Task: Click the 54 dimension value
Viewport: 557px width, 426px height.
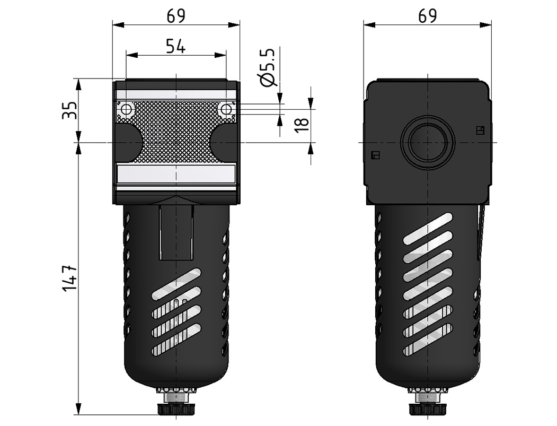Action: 176,46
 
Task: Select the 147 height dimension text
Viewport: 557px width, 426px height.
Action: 69,278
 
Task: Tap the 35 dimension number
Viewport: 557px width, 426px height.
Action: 69,110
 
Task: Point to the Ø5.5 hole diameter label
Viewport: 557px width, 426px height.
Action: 268,67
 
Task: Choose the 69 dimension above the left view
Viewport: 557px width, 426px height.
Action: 176,16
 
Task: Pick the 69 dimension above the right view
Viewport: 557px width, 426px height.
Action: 427,16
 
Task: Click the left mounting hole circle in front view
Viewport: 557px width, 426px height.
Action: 126,109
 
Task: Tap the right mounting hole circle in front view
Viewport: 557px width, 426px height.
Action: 226,109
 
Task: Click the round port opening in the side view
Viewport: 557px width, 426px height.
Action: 428,142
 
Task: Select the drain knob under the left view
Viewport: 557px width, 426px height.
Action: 176,408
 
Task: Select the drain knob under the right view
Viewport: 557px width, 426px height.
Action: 428,408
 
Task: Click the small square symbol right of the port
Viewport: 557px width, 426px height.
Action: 480,130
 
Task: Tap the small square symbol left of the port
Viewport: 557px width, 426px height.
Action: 375,155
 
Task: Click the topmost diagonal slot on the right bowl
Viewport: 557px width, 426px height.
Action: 428,228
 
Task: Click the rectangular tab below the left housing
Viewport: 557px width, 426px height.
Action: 176,232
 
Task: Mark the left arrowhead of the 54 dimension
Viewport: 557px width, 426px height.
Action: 132,55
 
